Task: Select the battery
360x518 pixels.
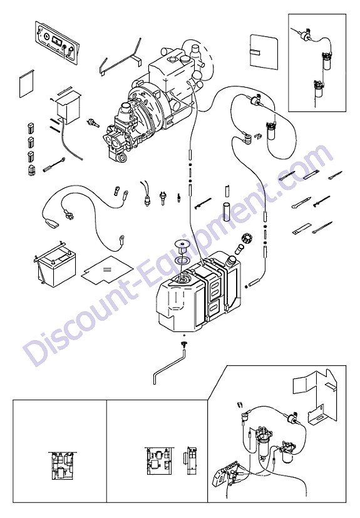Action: click(56, 266)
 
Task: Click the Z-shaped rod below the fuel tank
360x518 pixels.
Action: click(169, 367)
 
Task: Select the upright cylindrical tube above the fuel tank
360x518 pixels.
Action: click(227, 209)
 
